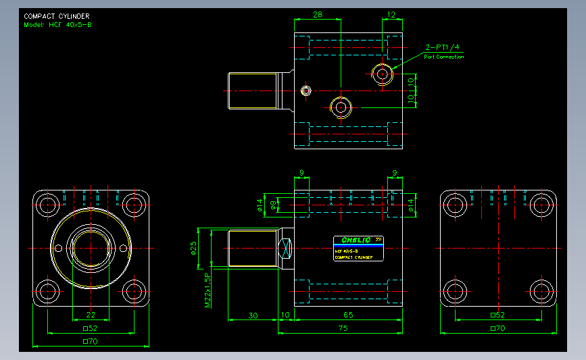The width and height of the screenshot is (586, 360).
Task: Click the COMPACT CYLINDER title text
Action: coord(56,16)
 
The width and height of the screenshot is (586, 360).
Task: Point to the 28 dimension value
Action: coord(317,14)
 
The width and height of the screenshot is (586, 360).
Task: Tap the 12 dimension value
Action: coord(391,14)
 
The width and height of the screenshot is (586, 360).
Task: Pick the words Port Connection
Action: coord(443,57)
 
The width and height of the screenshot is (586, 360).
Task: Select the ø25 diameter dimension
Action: coord(193,249)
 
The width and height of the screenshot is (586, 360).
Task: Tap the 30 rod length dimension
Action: coord(253,315)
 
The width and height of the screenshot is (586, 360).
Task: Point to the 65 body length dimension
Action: coord(348,315)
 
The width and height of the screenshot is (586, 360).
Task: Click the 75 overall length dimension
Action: coord(343,328)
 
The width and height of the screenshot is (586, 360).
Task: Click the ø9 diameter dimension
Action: coord(273,205)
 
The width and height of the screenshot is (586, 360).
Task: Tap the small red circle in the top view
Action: coord(306,91)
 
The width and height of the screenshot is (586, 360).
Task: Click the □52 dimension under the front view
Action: coord(91,328)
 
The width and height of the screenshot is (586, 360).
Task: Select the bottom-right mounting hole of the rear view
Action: coord(541,292)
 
